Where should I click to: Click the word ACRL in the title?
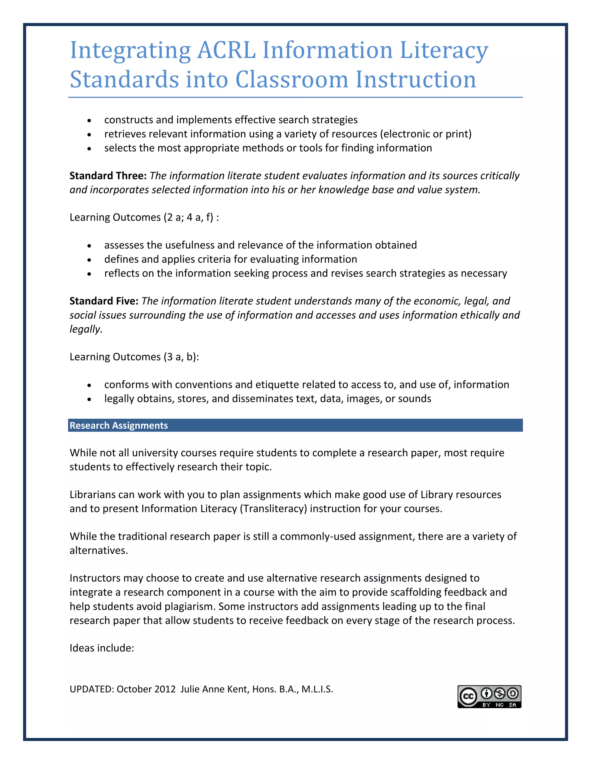(227, 50)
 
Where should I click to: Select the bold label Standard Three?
(108, 176)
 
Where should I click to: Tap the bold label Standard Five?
(104, 301)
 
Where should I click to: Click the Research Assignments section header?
(119, 425)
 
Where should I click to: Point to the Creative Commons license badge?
(489, 697)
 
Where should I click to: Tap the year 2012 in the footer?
(164, 689)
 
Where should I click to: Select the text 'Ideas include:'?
(102, 648)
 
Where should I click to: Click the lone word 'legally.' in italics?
(86, 329)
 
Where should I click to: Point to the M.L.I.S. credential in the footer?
(317, 689)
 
